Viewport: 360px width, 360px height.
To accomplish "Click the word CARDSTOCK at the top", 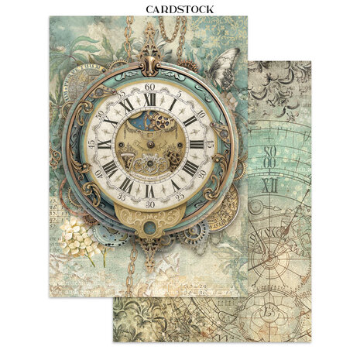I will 180,9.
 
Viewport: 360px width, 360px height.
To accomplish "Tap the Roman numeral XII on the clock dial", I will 149,99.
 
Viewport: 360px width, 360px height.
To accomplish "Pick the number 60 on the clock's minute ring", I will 149,86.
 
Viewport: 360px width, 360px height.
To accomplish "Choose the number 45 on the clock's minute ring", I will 91,144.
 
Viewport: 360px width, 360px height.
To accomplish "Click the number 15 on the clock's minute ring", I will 208,143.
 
